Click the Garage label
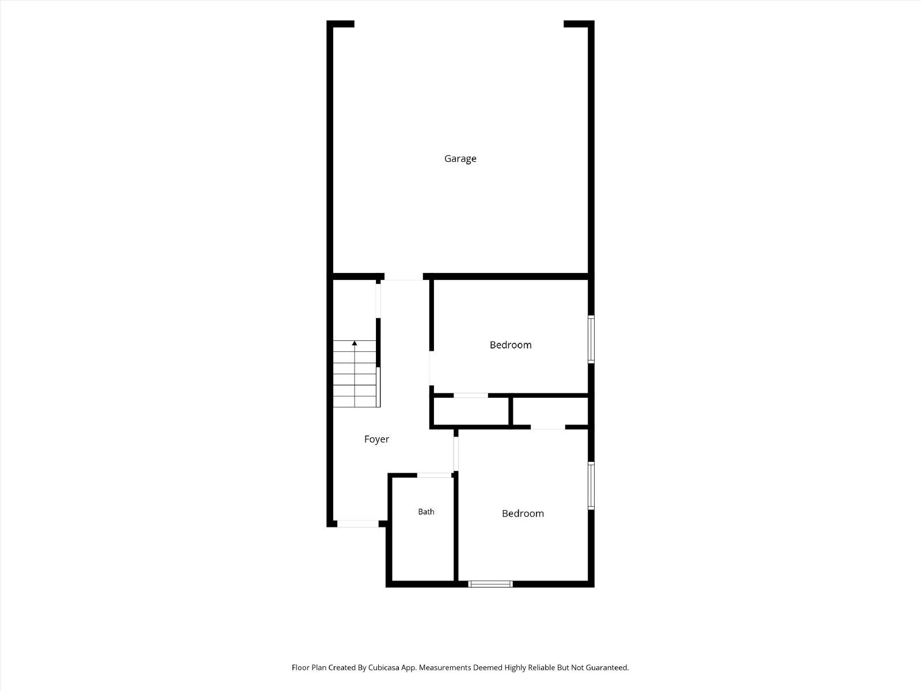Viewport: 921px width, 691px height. pyautogui.click(x=461, y=158)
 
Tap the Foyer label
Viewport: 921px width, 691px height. pyautogui.click(x=376, y=439)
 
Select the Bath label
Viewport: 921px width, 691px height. pyautogui.click(x=426, y=511)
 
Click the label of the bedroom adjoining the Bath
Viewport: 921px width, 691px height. pyautogui.click(x=523, y=514)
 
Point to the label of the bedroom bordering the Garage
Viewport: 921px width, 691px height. pyautogui.click(x=511, y=345)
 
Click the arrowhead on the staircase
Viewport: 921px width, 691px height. pyautogui.click(x=355, y=343)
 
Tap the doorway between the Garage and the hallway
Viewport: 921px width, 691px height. pyautogui.click(x=404, y=276)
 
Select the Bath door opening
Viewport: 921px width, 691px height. pyautogui.click(x=434, y=476)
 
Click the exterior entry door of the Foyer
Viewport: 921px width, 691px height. pyautogui.click(x=358, y=523)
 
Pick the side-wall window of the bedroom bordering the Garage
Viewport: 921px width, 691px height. pyautogui.click(x=591, y=339)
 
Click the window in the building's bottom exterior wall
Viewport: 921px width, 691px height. pyautogui.click(x=490, y=584)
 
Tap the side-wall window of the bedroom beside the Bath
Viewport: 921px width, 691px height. pyautogui.click(x=591, y=485)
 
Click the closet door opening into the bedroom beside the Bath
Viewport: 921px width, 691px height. pyautogui.click(x=548, y=427)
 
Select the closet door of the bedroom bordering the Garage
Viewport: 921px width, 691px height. pyautogui.click(x=471, y=395)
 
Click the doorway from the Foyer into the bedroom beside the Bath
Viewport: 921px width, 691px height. pyautogui.click(x=456, y=454)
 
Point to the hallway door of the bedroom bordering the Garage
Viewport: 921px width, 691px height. pyautogui.click(x=431, y=368)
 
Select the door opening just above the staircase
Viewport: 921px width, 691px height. pyautogui.click(x=378, y=301)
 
